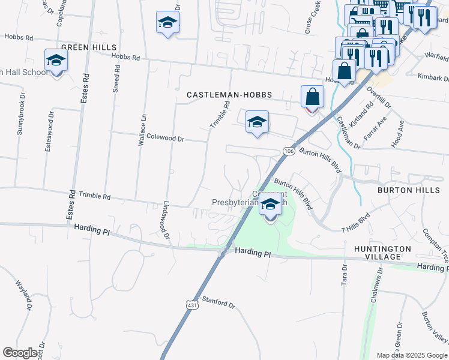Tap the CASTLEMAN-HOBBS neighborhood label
point(229,95)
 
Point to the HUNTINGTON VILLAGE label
point(382,252)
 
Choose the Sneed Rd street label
point(116,78)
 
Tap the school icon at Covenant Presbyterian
point(270,206)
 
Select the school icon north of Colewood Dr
point(257,122)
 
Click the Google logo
point(20,352)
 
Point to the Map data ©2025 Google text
point(412,355)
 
